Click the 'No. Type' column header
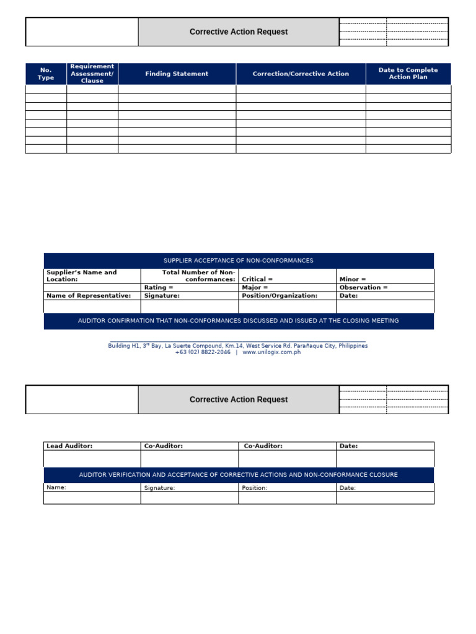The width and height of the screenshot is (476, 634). tap(46, 74)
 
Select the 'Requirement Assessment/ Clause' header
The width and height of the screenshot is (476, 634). tap(92, 74)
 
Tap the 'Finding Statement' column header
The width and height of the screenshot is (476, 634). tap(177, 74)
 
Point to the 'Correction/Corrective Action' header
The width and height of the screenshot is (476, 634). tap(301, 74)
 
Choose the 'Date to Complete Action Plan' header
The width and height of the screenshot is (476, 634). tap(408, 74)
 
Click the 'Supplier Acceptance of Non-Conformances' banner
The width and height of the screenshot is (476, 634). tap(239, 261)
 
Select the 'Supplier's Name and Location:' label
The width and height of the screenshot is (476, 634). tap(81, 276)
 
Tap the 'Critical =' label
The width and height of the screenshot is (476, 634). tap(257, 279)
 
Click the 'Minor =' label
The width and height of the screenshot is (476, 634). tap(353, 279)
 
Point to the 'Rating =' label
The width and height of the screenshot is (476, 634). tap(159, 287)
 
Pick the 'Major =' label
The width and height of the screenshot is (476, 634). tap(255, 287)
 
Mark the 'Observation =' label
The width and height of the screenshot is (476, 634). tap(363, 287)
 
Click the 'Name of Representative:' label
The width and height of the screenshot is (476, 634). tap(89, 295)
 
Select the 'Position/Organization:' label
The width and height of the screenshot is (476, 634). tap(280, 295)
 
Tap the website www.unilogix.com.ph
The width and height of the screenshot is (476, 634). tap(271, 352)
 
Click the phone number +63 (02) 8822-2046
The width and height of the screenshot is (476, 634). tap(203, 352)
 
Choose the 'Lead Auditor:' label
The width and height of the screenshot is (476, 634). tap(69, 446)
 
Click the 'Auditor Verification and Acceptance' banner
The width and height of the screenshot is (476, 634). tap(239, 475)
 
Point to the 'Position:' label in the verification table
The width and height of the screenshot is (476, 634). tap(254, 488)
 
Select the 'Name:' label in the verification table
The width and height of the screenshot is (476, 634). tap(56, 487)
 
